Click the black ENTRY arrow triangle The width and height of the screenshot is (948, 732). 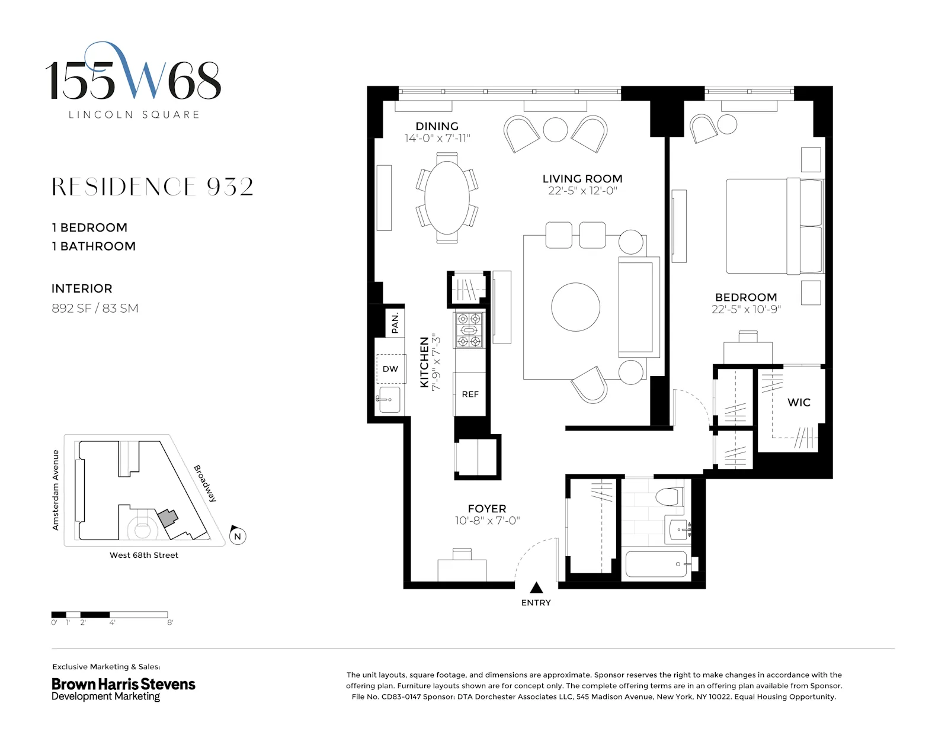point(536,587)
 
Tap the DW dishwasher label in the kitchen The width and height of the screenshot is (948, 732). point(390,369)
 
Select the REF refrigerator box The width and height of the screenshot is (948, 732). point(470,394)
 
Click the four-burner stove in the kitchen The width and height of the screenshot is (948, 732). point(469,330)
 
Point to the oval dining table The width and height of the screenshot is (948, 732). point(447,198)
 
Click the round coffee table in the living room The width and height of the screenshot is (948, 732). point(575,307)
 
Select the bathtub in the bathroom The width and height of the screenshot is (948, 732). point(656,564)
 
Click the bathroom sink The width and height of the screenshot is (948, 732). point(680,528)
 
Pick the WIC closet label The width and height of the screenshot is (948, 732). point(799,403)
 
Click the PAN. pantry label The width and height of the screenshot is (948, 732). point(395,323)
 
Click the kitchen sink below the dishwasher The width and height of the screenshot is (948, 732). point(389,400)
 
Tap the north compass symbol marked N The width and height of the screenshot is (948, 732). point(238,537)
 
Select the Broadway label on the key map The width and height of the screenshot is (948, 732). point(205,483)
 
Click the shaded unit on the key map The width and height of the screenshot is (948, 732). point(168,518)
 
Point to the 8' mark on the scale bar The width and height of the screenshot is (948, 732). point(170,622)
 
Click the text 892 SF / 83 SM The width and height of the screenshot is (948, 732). point(95,308)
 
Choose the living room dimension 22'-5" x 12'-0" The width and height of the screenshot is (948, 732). point(582,191)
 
